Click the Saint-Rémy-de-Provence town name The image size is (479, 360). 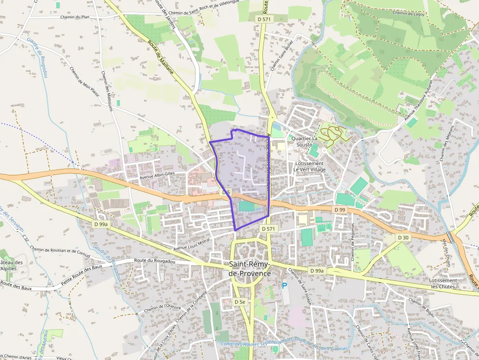[250, 269]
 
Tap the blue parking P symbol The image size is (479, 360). [284, 286]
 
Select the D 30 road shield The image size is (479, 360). [403, 237]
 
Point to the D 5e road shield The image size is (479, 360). [239, 302]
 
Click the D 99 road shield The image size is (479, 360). [340, 209]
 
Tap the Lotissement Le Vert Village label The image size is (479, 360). [309, 166]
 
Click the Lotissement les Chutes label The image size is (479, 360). [443, 283]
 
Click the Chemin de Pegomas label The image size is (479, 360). [352, 242]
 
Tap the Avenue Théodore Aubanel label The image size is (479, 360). [417, 101]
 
